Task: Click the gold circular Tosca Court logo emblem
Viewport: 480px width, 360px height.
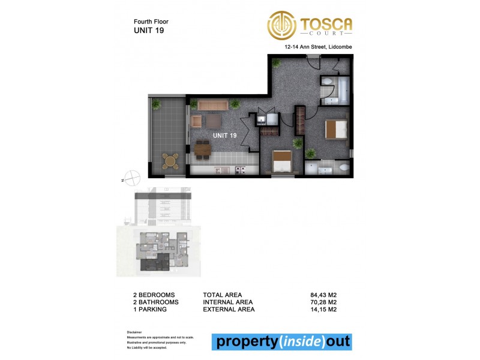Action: (281, 25)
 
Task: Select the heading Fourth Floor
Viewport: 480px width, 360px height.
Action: (151, 22)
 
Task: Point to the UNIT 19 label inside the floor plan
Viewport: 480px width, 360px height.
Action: (224, 136)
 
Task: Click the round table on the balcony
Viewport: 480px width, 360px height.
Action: (170, 160)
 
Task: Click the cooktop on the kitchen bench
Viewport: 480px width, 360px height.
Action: (241, 170)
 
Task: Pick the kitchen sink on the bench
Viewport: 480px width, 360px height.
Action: (220, 170)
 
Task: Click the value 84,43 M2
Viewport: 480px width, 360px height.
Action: (323, 295)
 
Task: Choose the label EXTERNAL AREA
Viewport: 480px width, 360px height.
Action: (229, 310)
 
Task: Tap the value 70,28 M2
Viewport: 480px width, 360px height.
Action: (323, 302)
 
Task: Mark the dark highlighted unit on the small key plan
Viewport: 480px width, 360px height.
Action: (155, 263)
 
